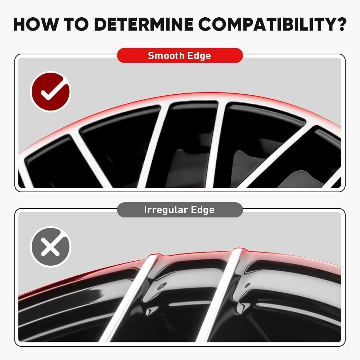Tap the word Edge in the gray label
pos(202,210)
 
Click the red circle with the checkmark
pos(50,92)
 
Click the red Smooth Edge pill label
pos(180,56)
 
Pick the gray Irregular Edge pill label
pos(180,210)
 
